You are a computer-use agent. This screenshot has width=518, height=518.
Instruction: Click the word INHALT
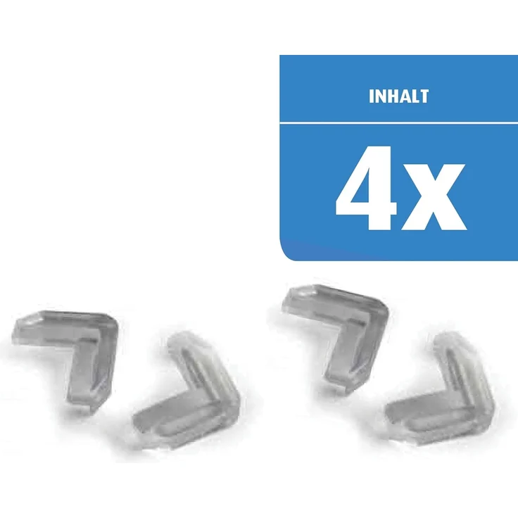[398, 96]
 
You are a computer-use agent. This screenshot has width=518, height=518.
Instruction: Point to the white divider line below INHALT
[398, 123]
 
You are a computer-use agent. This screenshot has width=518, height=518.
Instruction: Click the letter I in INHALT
[371, 96]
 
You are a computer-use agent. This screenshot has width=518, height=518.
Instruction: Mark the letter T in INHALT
[424, 96]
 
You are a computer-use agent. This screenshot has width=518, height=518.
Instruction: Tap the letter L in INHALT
[415, 96]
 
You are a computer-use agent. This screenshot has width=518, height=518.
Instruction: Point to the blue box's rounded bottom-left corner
[284, 255]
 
